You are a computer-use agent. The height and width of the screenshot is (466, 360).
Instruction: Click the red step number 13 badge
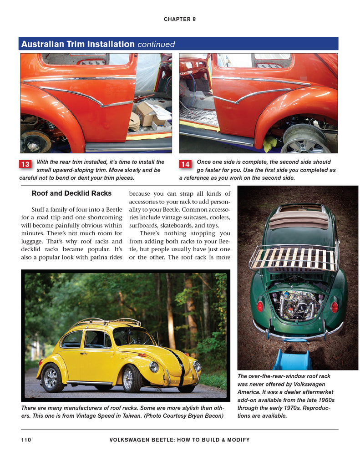point(25,164)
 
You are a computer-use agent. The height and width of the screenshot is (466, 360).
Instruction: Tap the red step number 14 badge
point(185,164)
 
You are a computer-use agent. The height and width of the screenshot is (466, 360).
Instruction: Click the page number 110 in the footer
point(26,440)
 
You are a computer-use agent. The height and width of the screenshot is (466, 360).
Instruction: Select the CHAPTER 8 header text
point(180,19)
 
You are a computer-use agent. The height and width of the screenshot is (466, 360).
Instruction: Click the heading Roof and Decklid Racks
point(71,193)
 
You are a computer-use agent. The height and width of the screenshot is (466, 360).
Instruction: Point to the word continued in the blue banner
point(156,45)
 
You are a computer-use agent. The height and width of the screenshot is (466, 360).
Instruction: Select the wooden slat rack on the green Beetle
point(293,258)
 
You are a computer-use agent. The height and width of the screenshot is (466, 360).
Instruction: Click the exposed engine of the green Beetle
point(296,305)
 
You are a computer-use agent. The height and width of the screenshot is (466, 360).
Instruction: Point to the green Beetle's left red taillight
point(260,306)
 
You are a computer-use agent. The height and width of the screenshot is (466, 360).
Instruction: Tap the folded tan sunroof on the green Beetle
point(298,219)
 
